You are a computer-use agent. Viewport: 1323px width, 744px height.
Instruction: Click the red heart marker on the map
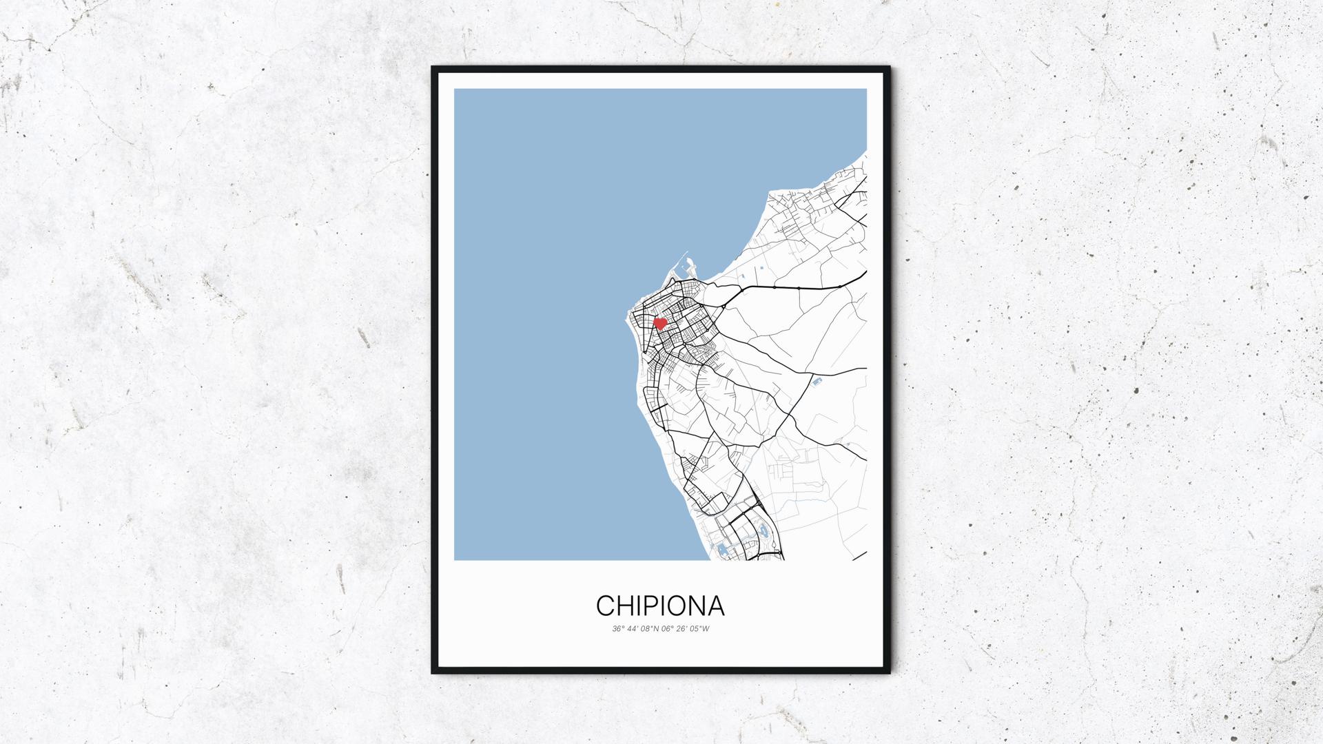(x=659, y=322)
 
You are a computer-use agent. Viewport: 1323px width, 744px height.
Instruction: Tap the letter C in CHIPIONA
(x=606, y=606)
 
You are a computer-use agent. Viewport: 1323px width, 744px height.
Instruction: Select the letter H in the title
(x=625, y=606)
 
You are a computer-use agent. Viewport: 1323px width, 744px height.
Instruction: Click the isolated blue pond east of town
(x=817, y=381)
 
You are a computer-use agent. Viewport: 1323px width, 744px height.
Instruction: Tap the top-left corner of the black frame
(x=433, y=68)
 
